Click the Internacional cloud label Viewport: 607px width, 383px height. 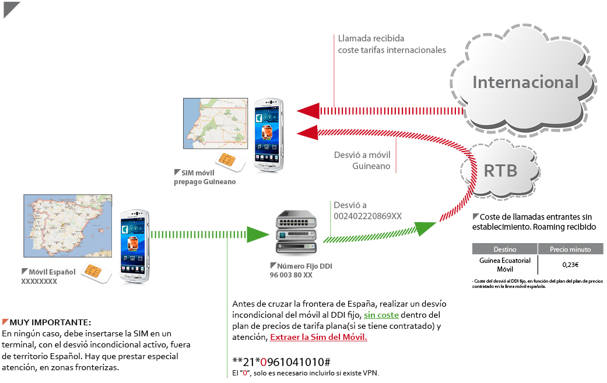pyautogui.click(x=525, y=82)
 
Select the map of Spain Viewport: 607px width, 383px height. pyautogui.click(x=67, y=228)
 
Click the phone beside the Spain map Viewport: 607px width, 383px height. pyautogui.click(x=135, y=245)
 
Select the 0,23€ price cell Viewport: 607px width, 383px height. pyautogui.click(x=570, y=265)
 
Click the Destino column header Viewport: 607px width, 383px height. pyautogui.click(x=504, y=249)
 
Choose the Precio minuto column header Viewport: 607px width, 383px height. pyautogui.click(x=570, y=249)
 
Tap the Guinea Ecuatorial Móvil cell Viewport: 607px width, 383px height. pyautogui.click(x=504, y=265)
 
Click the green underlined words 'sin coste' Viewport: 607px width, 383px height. pyautogui.click(x=381, y=315)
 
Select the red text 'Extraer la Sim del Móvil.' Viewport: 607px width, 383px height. pyautogui.click(x=318, y=337)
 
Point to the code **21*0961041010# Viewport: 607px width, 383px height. pyautogui.click(x=282, y=361)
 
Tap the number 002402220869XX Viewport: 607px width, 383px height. pyautogui.click(x=367, y=216)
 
